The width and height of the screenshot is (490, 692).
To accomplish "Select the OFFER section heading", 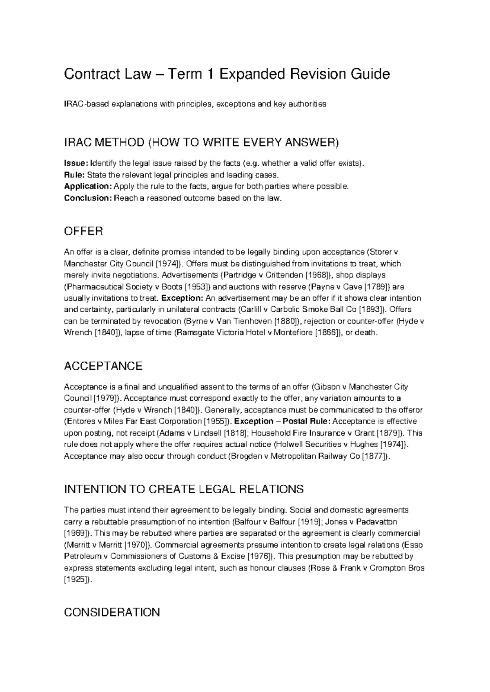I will [x=83, y=231].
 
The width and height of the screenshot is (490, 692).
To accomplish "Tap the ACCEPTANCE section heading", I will [x=103, y=366].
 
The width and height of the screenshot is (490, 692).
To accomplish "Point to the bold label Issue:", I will [x=76, y=164].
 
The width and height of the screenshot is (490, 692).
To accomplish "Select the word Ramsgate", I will [x=192, y=332].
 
